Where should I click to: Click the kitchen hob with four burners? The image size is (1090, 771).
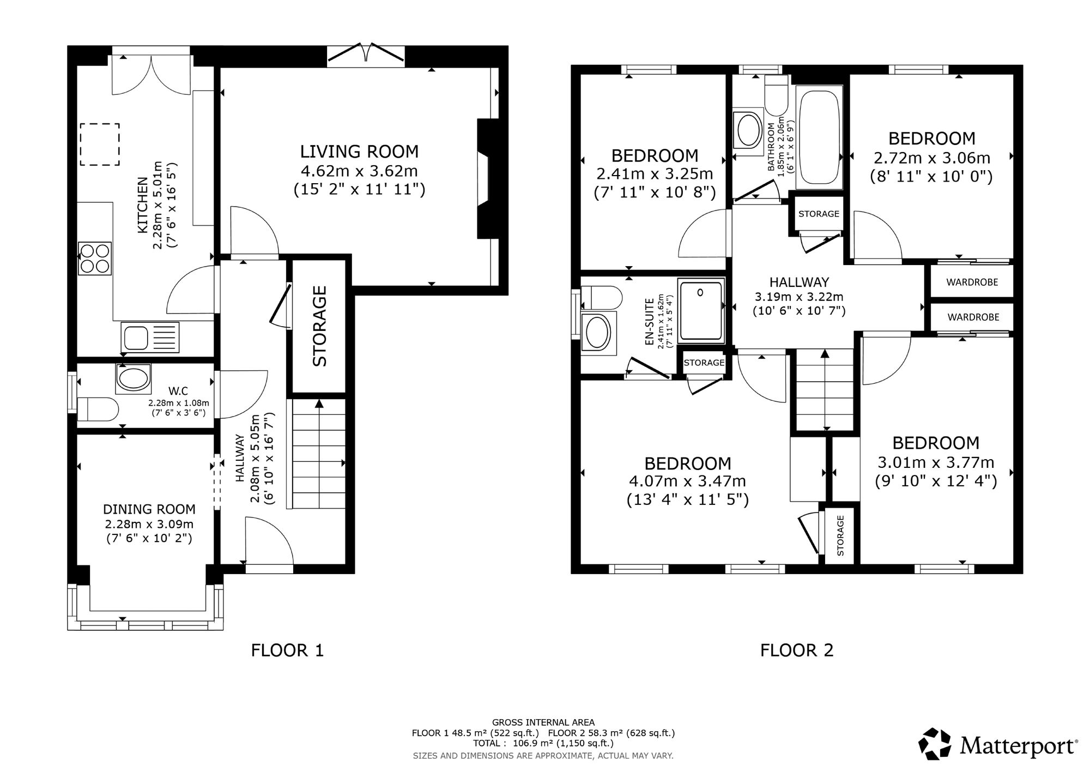coord(95,258)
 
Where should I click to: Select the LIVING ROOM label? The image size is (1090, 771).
coord(360,152)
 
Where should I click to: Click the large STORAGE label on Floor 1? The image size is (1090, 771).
coord(319,326)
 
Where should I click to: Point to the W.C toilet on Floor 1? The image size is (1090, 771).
coord(98,409)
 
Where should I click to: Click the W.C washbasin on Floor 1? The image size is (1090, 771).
coord(133,379)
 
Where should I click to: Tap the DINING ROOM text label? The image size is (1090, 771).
coord(149,509)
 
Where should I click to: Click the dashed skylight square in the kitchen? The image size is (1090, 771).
coord(100,144)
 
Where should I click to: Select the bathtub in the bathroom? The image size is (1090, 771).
coord(820,137)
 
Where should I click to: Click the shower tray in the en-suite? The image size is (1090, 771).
coord(701,311)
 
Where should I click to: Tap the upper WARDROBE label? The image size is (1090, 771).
coord(972,282)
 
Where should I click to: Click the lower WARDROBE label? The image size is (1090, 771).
coord(973,317)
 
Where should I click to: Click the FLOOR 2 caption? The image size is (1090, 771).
coord(797,650)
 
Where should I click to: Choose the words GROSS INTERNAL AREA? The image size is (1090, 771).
coord(543,723)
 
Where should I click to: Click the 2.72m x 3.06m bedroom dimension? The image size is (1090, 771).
coord(932,158)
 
